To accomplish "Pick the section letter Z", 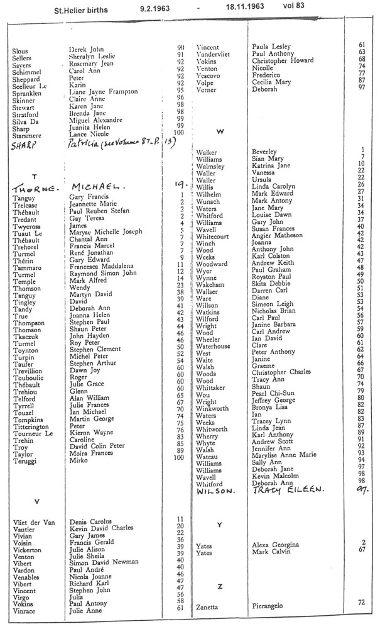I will point(219,586).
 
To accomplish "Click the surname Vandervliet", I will point(217,53).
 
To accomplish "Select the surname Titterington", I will point(35,426).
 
